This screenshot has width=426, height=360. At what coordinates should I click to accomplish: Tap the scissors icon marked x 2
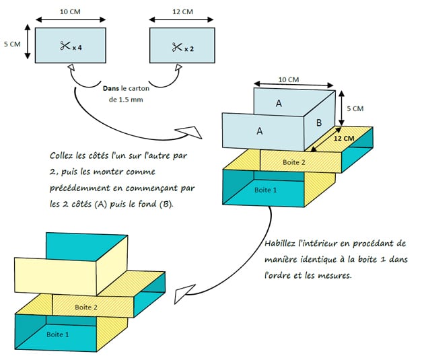point(176,46)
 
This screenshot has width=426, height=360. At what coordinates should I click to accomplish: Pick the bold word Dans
point(112,87)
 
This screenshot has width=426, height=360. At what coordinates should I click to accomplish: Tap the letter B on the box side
point(320,124)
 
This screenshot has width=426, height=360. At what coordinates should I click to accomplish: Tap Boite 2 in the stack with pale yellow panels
point(85,307)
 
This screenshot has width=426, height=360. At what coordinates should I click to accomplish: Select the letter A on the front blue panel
point(260,132)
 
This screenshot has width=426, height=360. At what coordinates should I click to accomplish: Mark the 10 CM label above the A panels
point(288,79)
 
